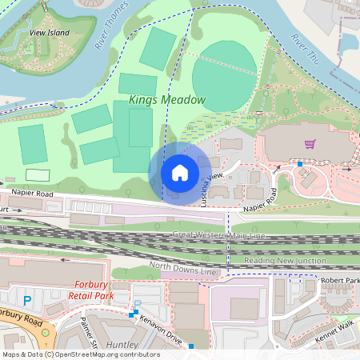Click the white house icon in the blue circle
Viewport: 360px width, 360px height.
point(180,172)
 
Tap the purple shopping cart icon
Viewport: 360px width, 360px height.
point(310,144)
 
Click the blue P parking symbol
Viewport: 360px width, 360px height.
point(28,300)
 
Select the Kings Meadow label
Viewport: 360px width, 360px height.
point(167,100)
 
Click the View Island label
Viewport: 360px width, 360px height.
point(50,33)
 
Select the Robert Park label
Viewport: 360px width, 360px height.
point(340,282)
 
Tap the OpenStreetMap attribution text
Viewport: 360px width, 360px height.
point(80,354)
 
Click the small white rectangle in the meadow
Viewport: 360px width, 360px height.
point(37,174)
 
